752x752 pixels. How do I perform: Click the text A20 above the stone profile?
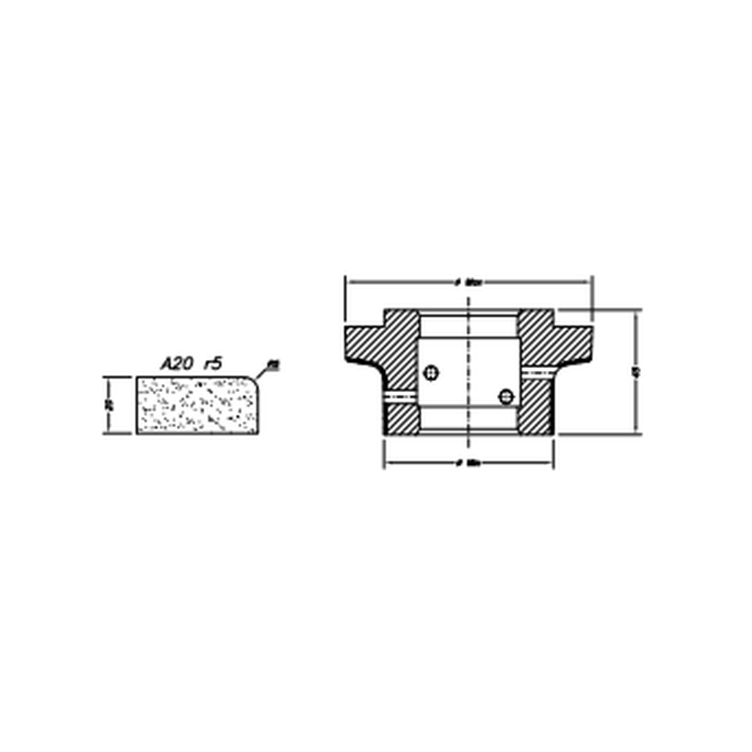coord(176,363)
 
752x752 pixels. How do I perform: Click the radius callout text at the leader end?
coord(273,364)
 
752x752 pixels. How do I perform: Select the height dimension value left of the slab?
coord(109,405)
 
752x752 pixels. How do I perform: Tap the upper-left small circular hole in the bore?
coord(432,373)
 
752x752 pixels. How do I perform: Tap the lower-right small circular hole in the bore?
coord(505,397)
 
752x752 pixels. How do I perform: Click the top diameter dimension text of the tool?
coord(468,281)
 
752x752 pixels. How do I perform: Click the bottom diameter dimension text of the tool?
coord(468,463)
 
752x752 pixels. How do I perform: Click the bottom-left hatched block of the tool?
coord(401,419)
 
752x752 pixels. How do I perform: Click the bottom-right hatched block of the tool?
coord(536,418)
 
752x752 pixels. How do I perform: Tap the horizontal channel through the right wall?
coord(536,374)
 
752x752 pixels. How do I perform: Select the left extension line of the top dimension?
coord(345,301)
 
